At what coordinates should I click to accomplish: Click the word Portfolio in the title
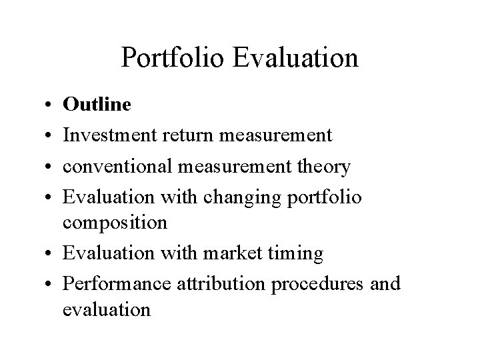pyautogui.click(x=174, y=58)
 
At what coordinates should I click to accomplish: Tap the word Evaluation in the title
pyautogui.click(x=297, y=58)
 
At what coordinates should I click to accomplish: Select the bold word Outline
pyautogui.click(x=97, y=105)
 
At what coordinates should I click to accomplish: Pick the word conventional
pyautogui.click(x=119, y=167)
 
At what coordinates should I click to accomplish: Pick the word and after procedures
pyautogui.click(x=385, y=283)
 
